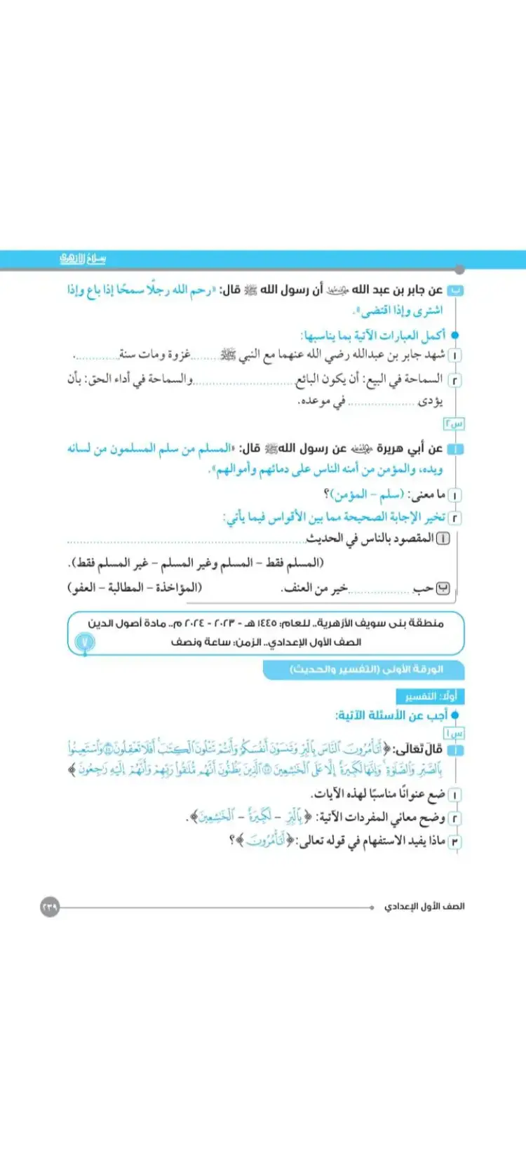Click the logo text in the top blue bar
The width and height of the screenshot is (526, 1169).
tap(83, 259)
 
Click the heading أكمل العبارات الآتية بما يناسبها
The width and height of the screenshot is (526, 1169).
tap(373, 335)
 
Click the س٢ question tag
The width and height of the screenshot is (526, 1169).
tap(453, 424)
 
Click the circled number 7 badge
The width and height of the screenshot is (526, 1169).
tap(85, 642)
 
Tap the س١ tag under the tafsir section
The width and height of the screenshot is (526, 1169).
tap(454, 733)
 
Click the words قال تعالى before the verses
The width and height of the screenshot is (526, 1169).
tap(422, 750)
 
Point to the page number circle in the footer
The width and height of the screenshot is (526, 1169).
tap(50, 907)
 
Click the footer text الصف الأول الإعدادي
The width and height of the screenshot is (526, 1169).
tap(424, 907)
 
